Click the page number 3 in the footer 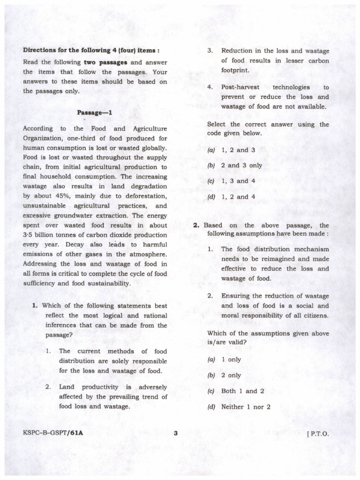pyautogui.click(x=175, y=433)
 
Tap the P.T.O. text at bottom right pyautogui.click(x=318, y=434)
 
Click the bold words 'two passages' pyautogui.click(x=105, y=62)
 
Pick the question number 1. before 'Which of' pyautogui.click(x=35, y=306)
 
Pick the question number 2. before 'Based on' pyautogui.click(x=197, y=225)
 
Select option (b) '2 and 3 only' pyautogui.click(x=234, y=166)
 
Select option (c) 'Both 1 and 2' pyautogui.click(x=235, y=391)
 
